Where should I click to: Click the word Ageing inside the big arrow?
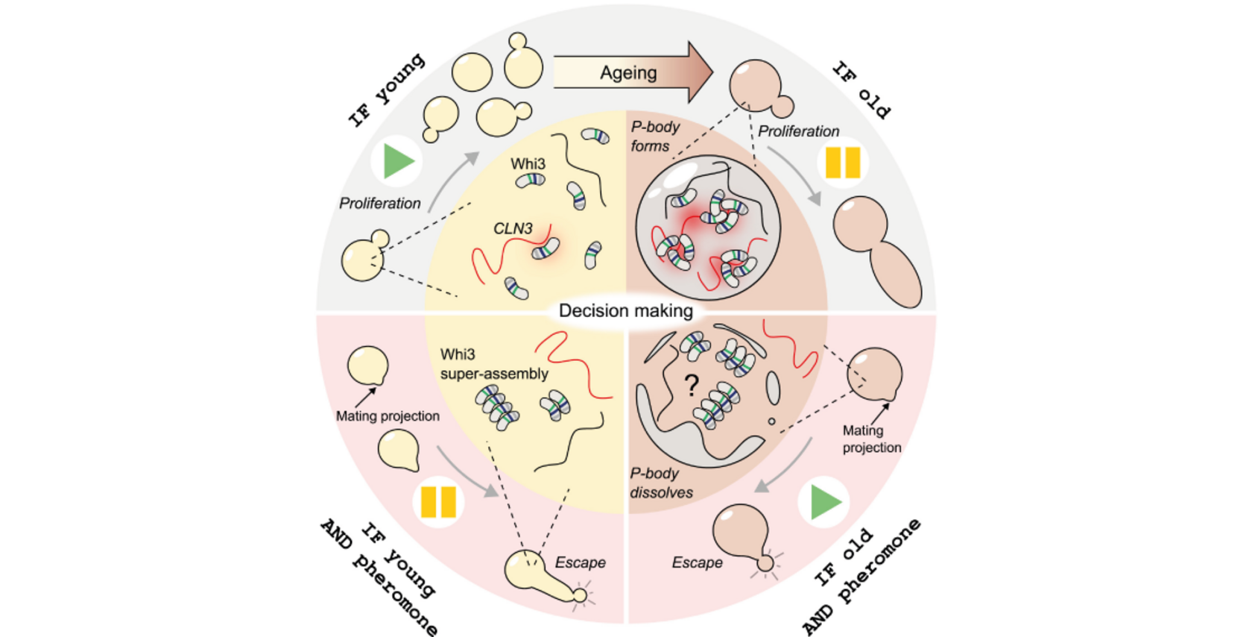pyautogui.click(x=628, y=73)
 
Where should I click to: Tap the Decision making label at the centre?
pyautogui.click(x=625, y=310)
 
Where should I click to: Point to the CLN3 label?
pyautogui.click(x=513, y=228)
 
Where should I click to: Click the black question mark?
pyautogui.click(x=692, y=385)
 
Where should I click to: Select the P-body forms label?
pyautogui.click(x=654, y=136)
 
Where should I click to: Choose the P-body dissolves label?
pyautogui.click(x=661, y=483)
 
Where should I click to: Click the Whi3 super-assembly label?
pyautogui.click(x=493, y=364)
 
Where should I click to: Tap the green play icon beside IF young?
pyautogui.click(x=398, y=161)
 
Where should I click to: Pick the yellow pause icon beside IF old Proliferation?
pyautogui.click(x=843, y=162)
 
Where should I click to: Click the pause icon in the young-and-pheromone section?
pyautogui.click(x=438, y=502)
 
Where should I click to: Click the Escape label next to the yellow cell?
pyautogui.click(x=580, y=562)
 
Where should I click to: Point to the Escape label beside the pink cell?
pyautogui.click(x=697, y=562)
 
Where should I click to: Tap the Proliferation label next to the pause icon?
pyautogui.click(x=798, y=131)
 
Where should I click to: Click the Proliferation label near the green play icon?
pyautogui.click(x=380, y=203)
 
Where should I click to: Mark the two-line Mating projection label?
pyautogui.click(x=871, y=439)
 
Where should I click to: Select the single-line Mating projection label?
pyautogui.click(x=388, y=416)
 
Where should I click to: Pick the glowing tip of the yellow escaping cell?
pyautogui.click(x=579, y=595)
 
